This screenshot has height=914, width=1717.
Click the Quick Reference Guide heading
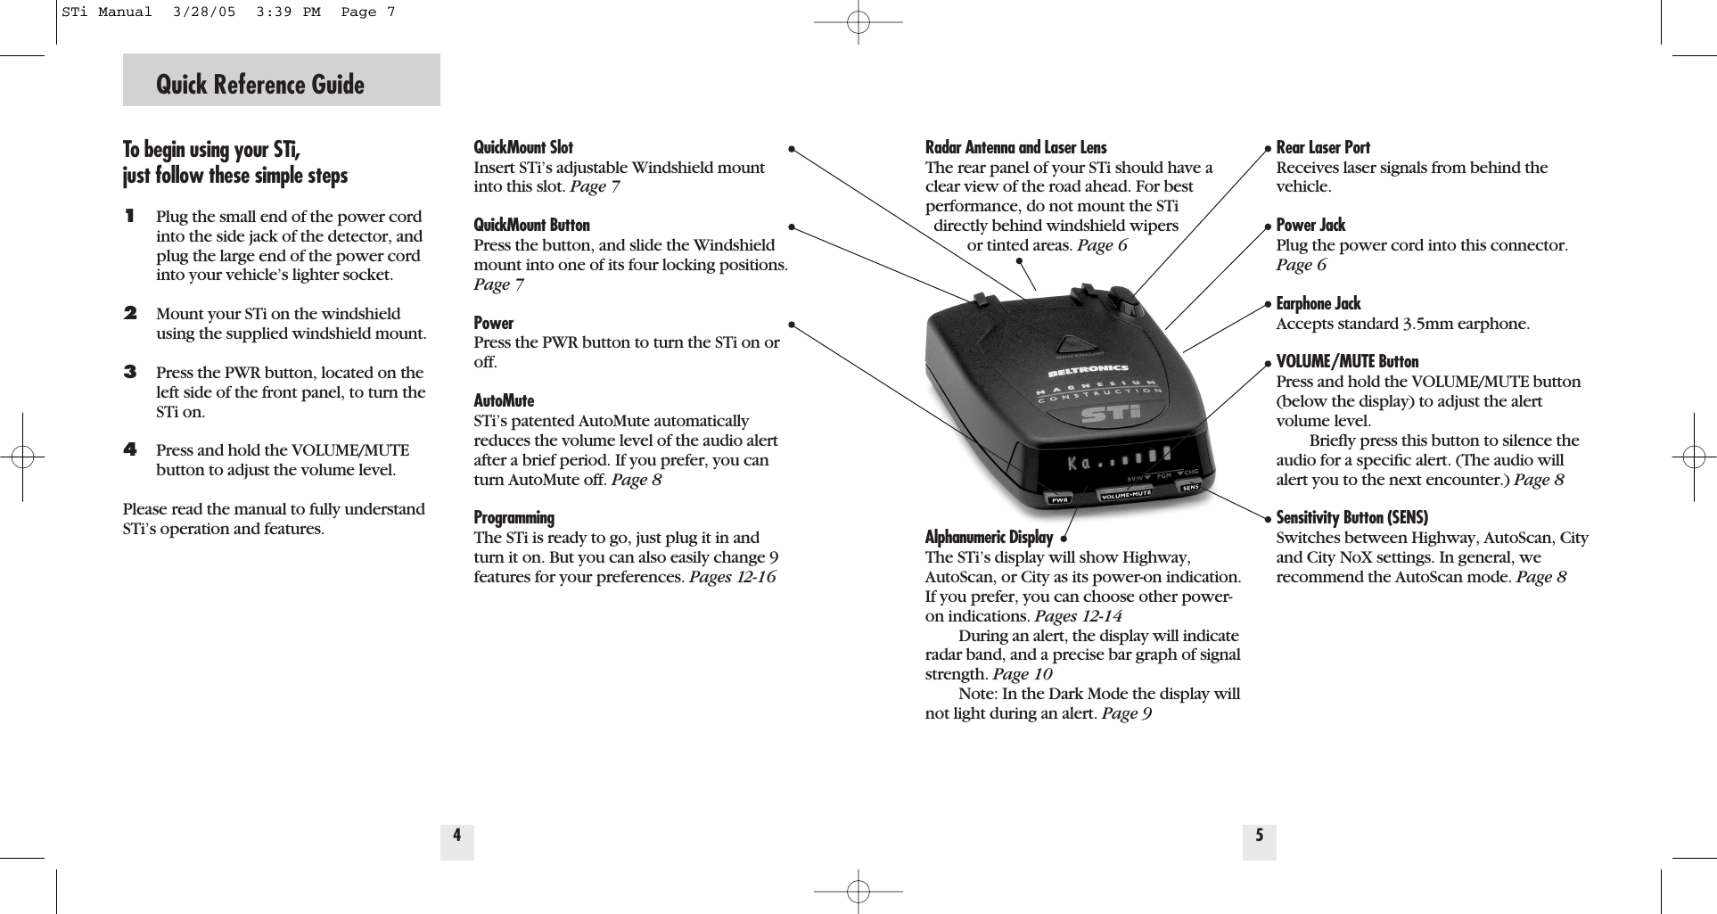pos(260,85)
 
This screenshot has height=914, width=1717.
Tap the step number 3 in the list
pos(130,372)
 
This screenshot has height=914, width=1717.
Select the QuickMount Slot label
pos(523,147)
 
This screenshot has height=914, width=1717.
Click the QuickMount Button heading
pos(531,225)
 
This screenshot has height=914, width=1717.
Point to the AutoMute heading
pos(504,400)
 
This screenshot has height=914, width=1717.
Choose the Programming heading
pos(513,518)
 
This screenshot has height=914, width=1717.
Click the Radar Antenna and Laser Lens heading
pos(1015,147)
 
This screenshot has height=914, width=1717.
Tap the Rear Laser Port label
pos(1323,147)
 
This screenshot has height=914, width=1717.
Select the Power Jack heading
pos(1310,225)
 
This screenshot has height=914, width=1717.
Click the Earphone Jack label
pos(1319,303)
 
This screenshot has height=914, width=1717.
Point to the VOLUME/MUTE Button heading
pos(1347,361)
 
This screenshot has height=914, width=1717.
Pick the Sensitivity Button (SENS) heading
pos(1351,517)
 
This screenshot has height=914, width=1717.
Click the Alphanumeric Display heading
pos(989,537)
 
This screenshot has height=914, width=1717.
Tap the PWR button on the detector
pos(1060,500)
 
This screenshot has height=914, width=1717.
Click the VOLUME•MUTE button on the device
pos(1126,493)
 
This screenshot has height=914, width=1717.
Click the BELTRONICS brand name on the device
pos(1088,368)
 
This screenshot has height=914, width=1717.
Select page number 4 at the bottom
pos(456,836)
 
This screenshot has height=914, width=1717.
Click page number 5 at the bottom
pos(1259,836)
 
